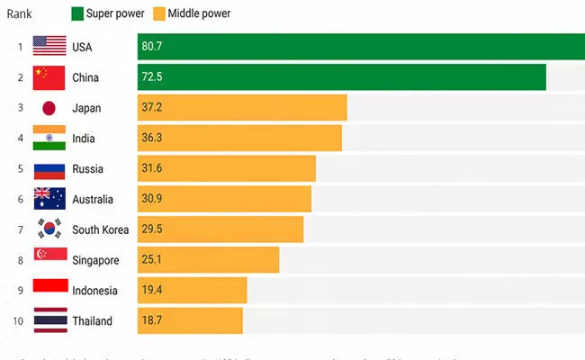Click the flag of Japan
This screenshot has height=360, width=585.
tap(49, 108)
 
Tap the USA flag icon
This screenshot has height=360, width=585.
tap(49, 47)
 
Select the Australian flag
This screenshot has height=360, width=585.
tap(49, 199)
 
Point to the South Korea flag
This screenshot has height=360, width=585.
tap(49, 229)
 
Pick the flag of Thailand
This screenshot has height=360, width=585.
tap(49, 320)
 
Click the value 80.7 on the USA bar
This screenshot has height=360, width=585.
tap(152, 47)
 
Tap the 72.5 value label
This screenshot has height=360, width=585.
tap(152, 77)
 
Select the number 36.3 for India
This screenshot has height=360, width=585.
tap(152, 139)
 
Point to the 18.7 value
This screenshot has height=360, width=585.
tap(152, 320)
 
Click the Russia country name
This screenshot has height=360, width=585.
tap(88, 169)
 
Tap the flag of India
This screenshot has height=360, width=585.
tap(49, 139)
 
